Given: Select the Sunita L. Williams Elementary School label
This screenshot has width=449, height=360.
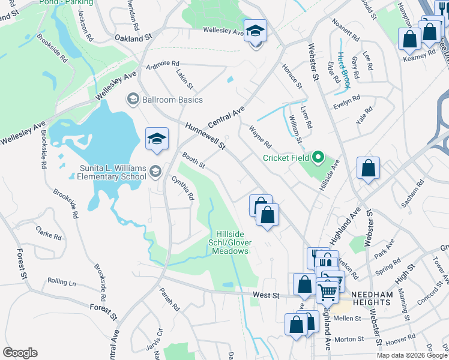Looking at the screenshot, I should coord(112,172).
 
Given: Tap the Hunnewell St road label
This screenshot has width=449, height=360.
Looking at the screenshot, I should coord(205,136).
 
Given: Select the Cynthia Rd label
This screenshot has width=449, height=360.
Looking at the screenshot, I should coord(183,188).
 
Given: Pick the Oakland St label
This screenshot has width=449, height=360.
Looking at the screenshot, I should coord(133,38).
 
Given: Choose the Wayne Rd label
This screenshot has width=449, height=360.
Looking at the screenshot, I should coord(261,137).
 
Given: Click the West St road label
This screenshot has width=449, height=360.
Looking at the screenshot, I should coord(267,295).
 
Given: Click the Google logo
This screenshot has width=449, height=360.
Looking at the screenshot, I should coord(20,353).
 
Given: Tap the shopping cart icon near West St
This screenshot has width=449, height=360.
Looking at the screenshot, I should coord(327,292).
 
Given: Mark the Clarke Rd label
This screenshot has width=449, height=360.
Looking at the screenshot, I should coord(49,232).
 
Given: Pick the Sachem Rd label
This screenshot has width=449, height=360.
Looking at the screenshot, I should coord(414,203).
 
